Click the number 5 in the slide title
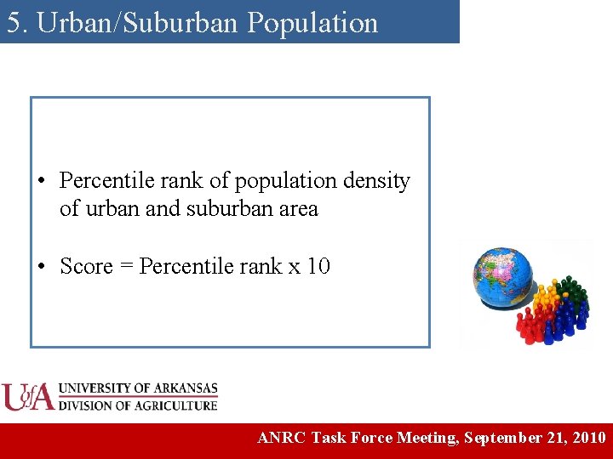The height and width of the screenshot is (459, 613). click(13, 23)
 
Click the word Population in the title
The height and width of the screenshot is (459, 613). click(312, 23)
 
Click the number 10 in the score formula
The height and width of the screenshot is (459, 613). click(318, 267)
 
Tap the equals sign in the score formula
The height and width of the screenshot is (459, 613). click(126, 268)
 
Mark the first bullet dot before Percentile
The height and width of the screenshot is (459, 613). click(41, 182)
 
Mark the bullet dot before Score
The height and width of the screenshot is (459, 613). click(41, 268)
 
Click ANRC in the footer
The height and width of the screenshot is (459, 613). click(282, 439)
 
